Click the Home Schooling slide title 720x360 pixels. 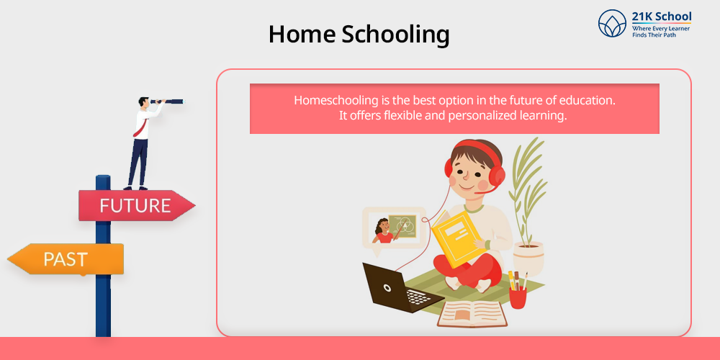359,35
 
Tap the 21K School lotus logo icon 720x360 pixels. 612,24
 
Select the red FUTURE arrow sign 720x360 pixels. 137,205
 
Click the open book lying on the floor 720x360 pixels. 472,314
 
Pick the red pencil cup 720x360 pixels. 518,297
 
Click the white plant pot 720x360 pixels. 528,258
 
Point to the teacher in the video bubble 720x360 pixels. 382,231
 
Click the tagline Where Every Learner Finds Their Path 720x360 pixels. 661,31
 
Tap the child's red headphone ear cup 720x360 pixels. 497,176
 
